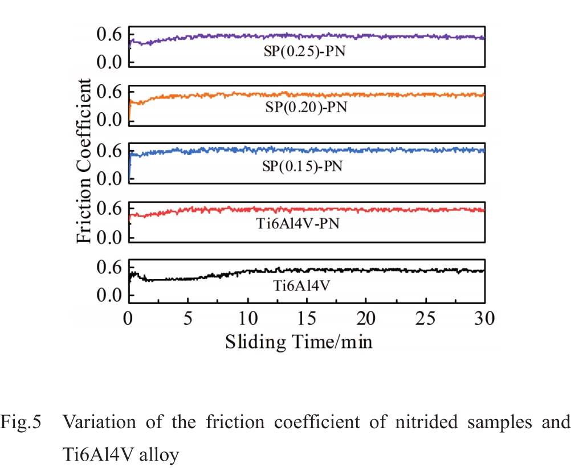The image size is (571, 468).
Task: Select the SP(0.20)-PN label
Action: [x=306, y=108]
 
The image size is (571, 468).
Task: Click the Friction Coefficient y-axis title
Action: [x=84, y=161]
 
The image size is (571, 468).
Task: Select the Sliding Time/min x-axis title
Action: [x=299, y=342]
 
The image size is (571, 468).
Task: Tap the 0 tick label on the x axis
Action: [x=129, y=318]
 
